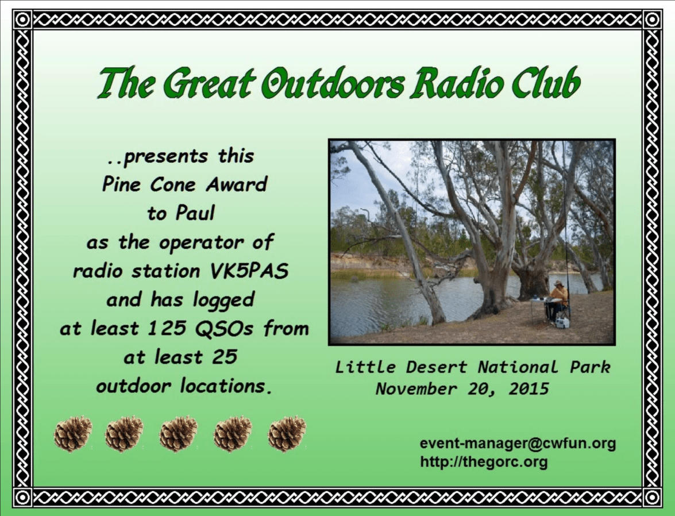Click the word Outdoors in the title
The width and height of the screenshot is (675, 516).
(334, 83)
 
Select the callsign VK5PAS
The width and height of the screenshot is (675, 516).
(249, 271)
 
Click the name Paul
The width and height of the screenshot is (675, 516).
(195, 213)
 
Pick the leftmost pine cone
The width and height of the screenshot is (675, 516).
(73, 433)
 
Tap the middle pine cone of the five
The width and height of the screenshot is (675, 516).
(178, 433)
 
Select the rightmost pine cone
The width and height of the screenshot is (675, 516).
(287, 433)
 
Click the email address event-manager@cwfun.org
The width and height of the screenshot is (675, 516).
(518, 443)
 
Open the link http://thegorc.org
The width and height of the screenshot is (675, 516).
(484, 462)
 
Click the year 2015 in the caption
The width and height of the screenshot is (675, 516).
(529, 389)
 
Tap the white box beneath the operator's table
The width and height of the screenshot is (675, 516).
(562, 322)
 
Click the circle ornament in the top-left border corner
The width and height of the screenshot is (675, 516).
(23, 20)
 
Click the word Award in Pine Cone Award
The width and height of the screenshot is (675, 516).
(236, 184)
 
